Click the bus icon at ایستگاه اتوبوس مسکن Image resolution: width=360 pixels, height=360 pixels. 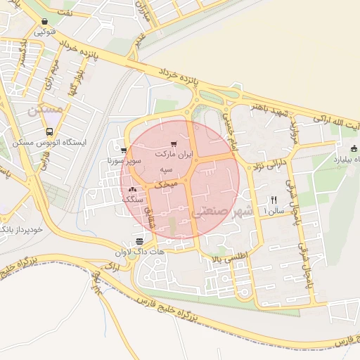pyautogui.click(x=49, y=131)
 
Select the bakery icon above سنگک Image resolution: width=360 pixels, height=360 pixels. pyautogui.click(x=132, y=189)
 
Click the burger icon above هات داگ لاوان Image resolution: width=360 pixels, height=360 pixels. pyautogui.click(x=139, y=240)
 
